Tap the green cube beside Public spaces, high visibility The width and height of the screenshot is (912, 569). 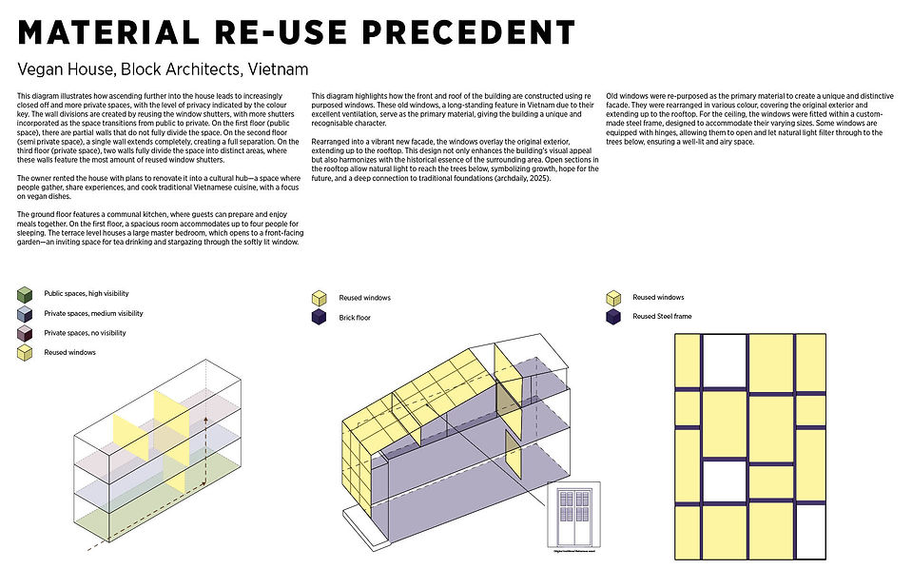26,295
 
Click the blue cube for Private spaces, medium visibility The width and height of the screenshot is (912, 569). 26,314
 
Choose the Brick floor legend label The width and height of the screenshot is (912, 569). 355,318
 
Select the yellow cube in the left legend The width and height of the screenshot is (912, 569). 26,353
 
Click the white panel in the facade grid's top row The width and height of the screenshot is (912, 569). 724,359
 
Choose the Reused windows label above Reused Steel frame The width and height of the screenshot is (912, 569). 658,297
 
